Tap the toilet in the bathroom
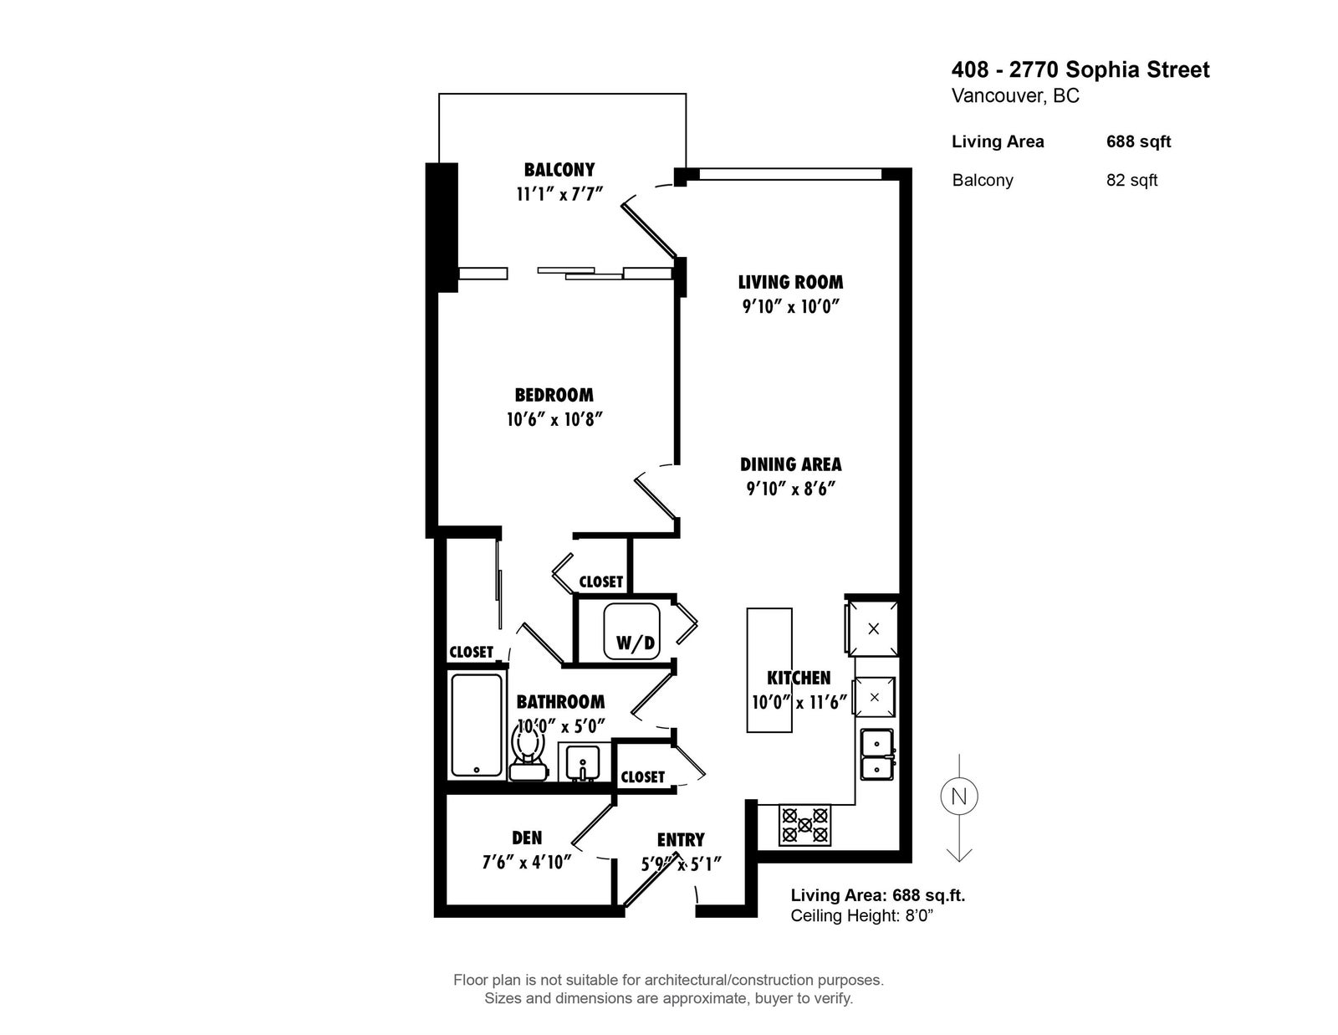coord(528,753)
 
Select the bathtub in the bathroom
coord(477,725)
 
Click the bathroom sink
coord(580,761)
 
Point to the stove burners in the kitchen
coord(804,825)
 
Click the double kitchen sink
coord(876,754)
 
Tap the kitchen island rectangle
coord(769,671)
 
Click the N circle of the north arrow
coord(958,797)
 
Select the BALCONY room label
coord(559,170)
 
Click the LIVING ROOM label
coord(790,282)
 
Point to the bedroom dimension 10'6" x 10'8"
coord(554,419)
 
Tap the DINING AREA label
coord(790,464)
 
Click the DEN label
coord(527,838)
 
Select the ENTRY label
coord(681,840)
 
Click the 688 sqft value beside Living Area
coord(1138,141)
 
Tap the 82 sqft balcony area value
coord(1131,180)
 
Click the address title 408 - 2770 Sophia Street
coord(1080,69)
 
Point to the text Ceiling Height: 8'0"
coord(861,916)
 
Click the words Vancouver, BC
coord(1015,96)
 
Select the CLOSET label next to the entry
coord(642,777)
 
